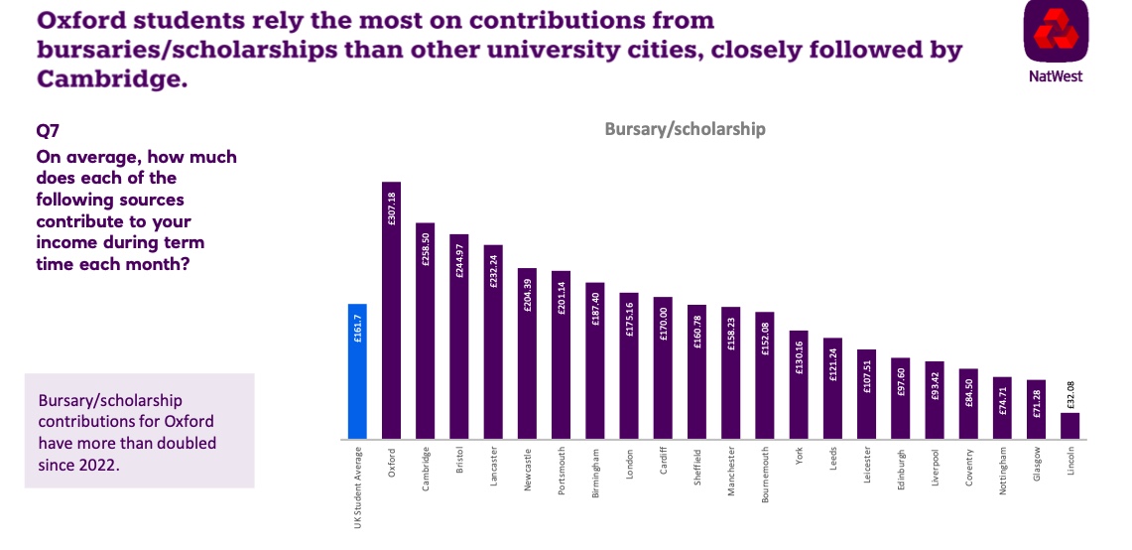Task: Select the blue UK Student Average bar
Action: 357,371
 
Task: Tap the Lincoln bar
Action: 1069,426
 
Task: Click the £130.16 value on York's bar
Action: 799,355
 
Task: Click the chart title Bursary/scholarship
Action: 685,129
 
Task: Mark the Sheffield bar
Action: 696,371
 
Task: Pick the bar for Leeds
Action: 832,388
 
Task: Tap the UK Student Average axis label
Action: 358,487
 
